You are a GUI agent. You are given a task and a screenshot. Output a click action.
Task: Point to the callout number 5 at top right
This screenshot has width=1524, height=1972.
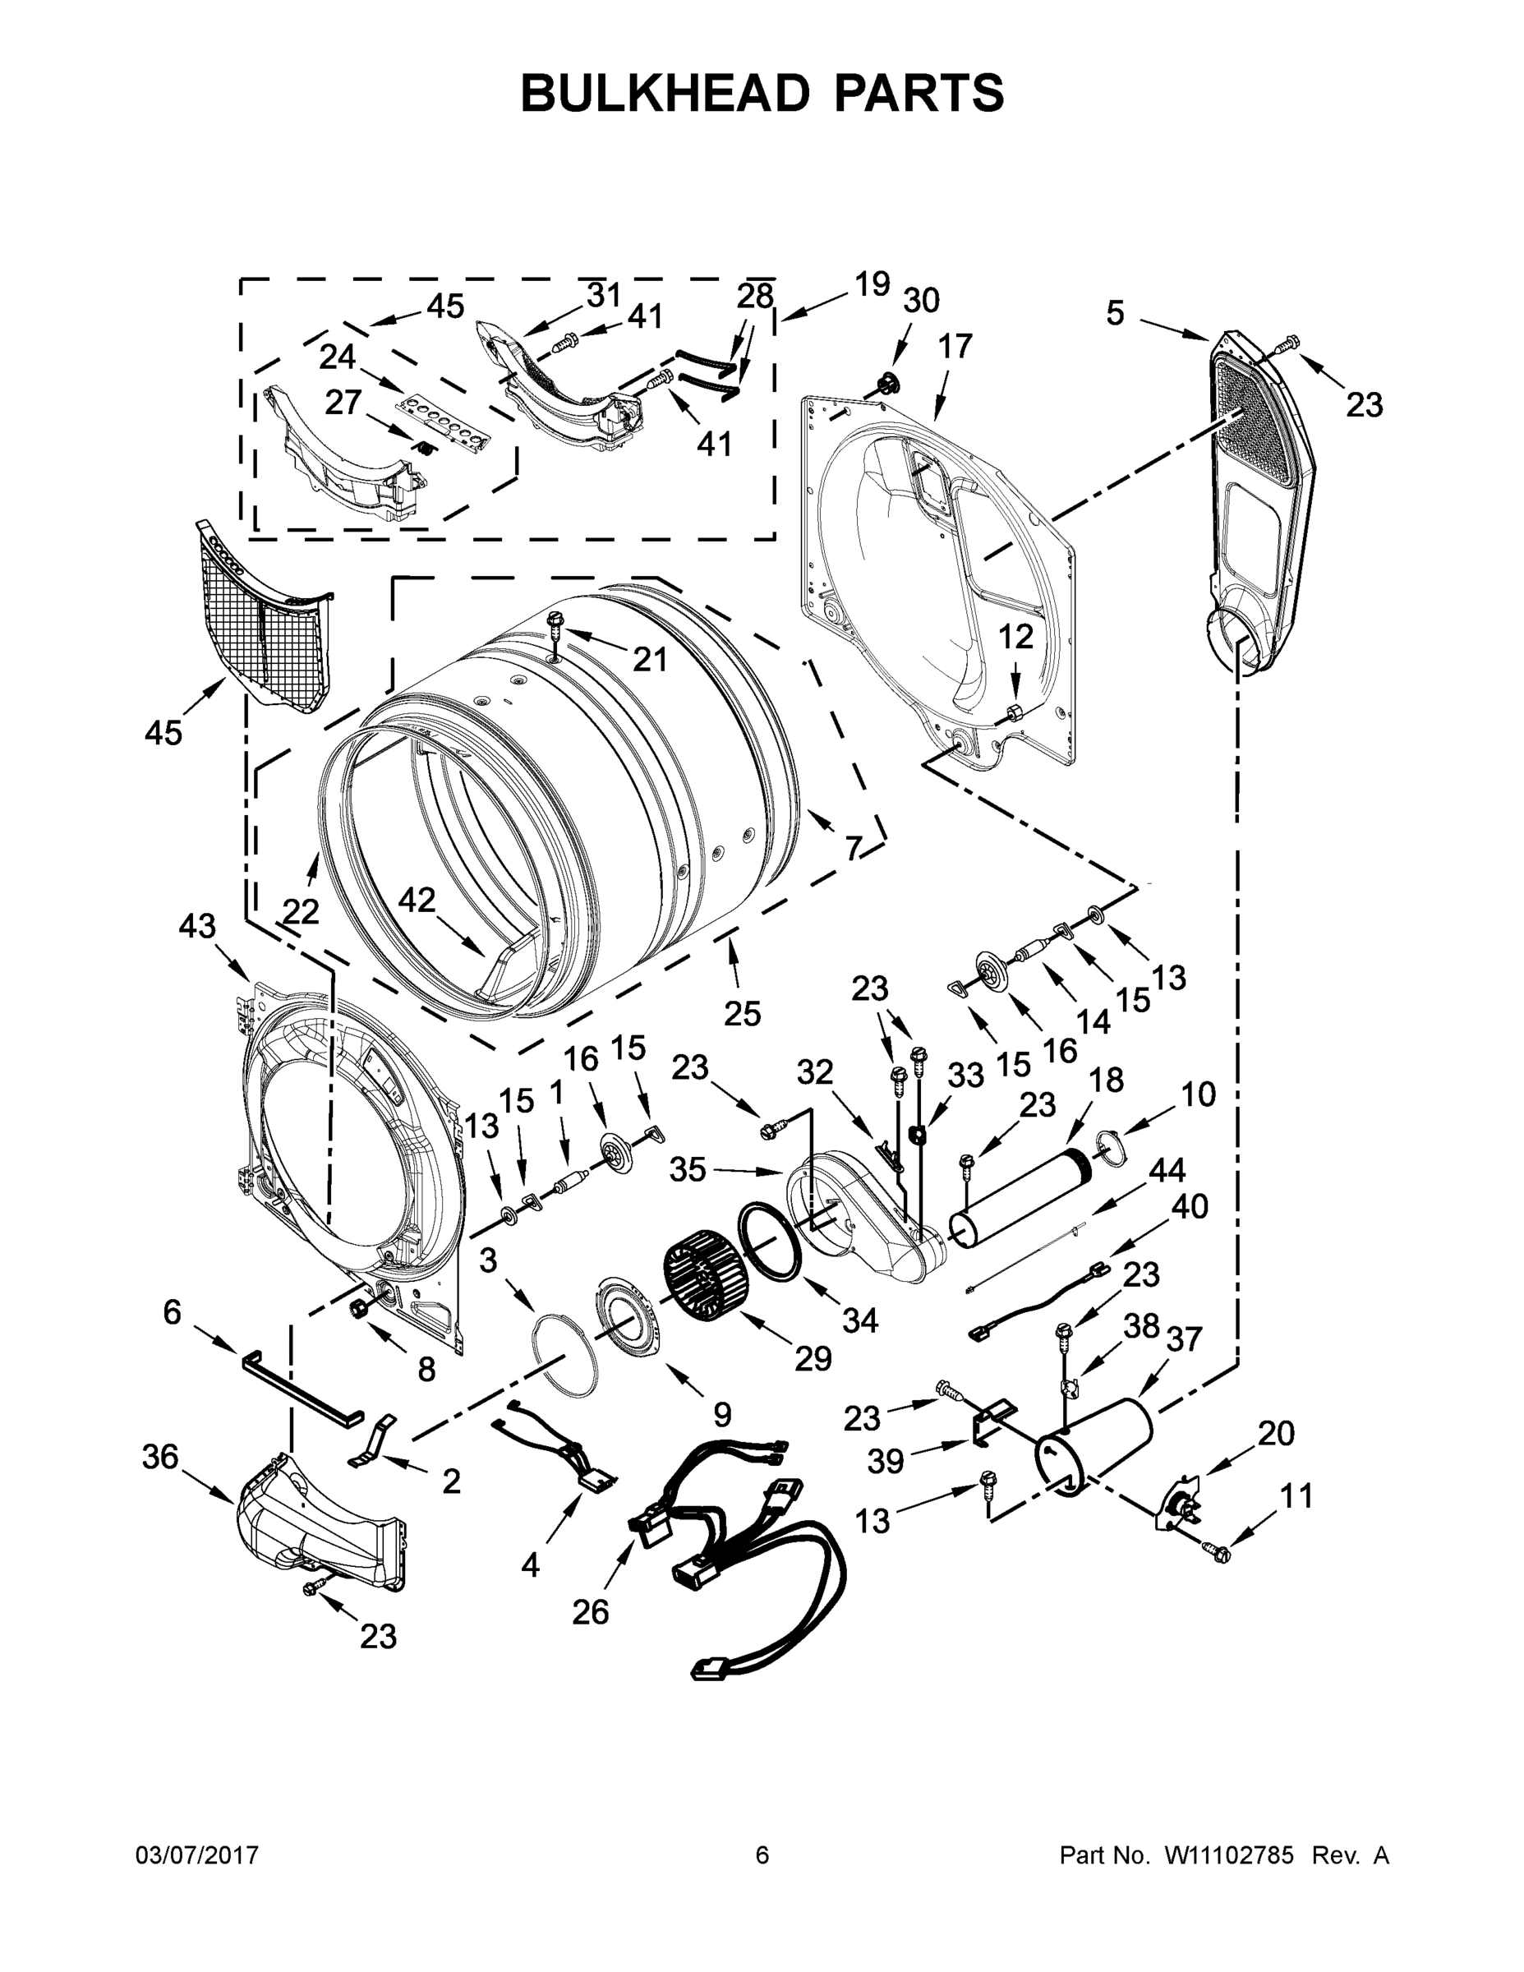tap(1115, 313)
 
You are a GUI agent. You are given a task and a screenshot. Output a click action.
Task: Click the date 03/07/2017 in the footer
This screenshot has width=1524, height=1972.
tap(197, 1855)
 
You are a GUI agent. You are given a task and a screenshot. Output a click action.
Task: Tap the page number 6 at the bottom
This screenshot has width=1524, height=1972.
tap(762, 1855)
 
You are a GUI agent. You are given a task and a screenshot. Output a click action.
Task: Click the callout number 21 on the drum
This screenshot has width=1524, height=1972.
tap(649, 659)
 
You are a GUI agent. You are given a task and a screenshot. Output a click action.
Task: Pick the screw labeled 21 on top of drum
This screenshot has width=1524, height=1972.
tap(556, 621)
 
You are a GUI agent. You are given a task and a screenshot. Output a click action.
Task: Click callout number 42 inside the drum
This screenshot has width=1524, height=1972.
tap(417, 900)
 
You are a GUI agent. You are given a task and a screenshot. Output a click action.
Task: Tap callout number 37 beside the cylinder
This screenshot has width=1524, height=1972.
tap(1183, 1338)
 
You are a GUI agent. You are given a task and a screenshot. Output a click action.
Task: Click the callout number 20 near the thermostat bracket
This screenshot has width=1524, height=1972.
tap(1276, 1432)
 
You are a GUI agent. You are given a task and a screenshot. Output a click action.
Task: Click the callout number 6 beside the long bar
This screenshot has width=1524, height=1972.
tap(172, 1312)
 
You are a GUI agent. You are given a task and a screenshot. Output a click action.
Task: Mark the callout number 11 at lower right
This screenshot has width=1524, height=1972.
tap(1296, 1496)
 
